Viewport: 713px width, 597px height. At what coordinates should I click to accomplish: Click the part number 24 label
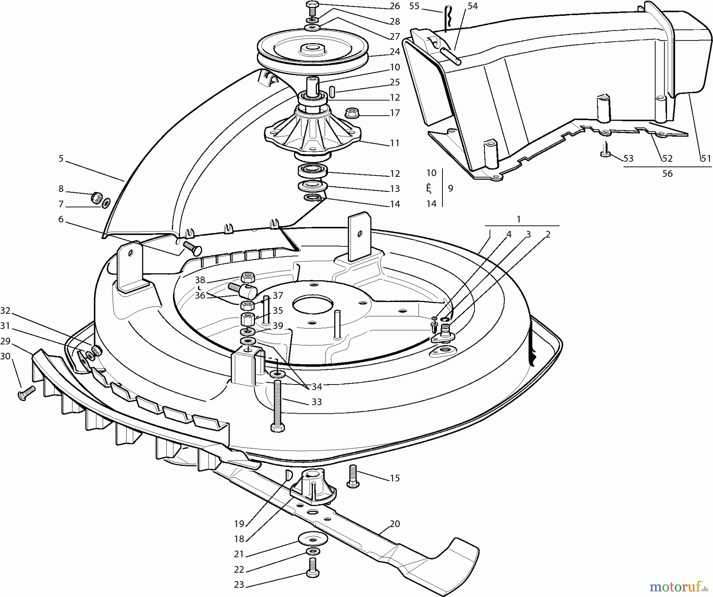click(395, 52)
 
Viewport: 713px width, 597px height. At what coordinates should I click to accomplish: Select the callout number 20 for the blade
click(395, 524)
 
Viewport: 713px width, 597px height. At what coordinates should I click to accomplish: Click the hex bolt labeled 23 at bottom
click(312, 568)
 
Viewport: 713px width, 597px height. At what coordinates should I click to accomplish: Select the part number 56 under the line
click(667, 174)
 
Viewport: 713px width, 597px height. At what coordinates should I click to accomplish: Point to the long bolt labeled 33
click(276, 405)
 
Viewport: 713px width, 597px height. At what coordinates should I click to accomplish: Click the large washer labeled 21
click(313, 539)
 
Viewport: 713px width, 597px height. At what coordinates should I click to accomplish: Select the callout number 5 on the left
click(61, 159)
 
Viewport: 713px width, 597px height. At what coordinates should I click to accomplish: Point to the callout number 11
click(395, 143)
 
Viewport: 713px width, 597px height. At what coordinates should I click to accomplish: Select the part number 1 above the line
click(519, 219)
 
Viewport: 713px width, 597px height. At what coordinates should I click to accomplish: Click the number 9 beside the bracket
click(450, 188)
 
